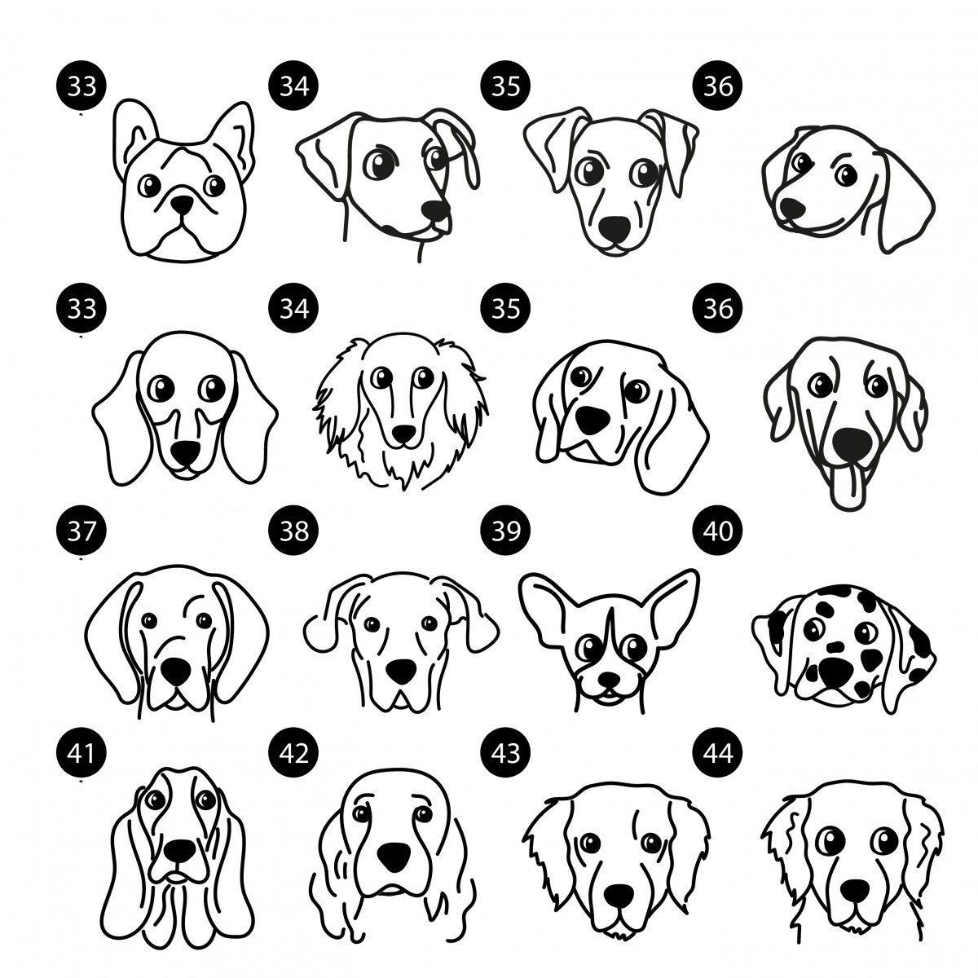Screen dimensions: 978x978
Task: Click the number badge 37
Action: pos(81,531)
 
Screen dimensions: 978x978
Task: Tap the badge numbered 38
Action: pos(294,531)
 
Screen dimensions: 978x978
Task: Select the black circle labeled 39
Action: pos(506,531)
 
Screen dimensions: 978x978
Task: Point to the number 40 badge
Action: pos(718,531)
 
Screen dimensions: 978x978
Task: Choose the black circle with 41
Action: pos(81,753)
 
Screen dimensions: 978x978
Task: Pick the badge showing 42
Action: pos(294,753)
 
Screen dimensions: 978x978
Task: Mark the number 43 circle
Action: pos(506,753)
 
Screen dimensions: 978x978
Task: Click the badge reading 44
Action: pos(718,753)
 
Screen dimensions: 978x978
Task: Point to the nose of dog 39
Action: pos(609,679)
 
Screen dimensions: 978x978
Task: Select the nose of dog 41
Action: pos(179,849)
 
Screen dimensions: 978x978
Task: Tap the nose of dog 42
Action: pos(394,857)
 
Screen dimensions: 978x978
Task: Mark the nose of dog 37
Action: pos(176,672)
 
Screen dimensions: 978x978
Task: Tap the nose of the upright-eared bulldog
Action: pos(182,205)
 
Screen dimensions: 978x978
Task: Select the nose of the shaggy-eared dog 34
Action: pos(404,434)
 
